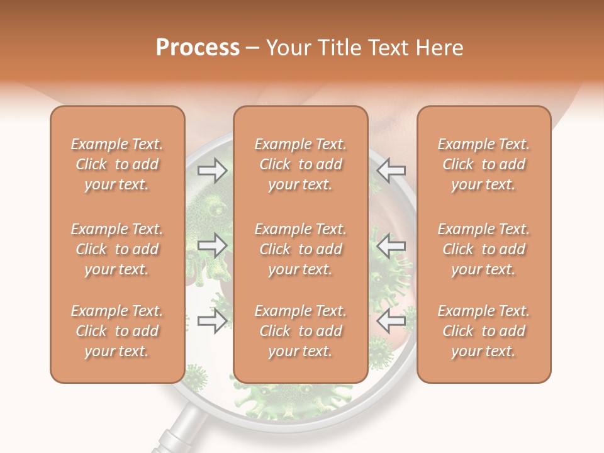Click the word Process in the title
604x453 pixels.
point(198,48)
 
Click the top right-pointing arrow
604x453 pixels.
point(212,170)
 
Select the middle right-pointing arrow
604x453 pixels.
point(212,246)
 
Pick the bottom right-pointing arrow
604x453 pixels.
point(212,321)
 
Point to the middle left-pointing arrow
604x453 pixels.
point(391,246)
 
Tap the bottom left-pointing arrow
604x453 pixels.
point(391,321)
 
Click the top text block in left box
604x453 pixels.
point(117,164)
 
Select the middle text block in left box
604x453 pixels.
point(117,249)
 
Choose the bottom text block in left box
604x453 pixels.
point(117,331)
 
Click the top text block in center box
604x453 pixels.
point(300,164)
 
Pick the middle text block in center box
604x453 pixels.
point(300,249)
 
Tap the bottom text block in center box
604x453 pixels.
point(300,331)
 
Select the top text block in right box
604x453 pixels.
point(483,164)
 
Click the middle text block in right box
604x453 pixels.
point(483,249)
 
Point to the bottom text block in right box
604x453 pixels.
point(483,331)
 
